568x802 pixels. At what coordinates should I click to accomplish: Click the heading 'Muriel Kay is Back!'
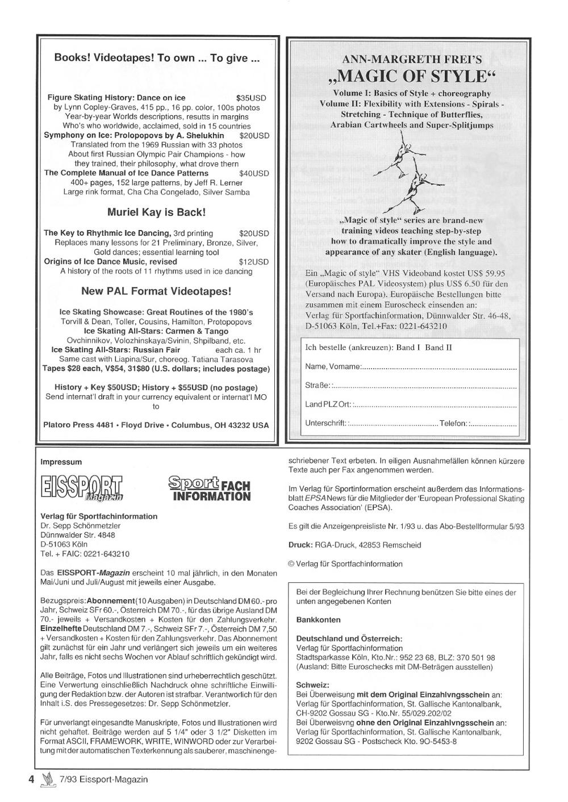(156, 212)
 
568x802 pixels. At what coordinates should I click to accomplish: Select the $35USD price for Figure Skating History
(251, 98)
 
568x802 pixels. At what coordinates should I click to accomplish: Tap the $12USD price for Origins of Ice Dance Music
(254, 262)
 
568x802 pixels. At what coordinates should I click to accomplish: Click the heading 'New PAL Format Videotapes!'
(156, 291)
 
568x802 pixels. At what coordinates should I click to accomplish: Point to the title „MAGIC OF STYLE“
(412, 76)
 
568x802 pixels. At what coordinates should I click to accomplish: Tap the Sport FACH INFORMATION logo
(209, 488)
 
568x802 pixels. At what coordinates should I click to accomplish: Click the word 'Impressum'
(61, 462)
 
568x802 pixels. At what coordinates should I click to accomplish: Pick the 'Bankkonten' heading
(319, 620)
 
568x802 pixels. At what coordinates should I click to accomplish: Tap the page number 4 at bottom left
(32, 779)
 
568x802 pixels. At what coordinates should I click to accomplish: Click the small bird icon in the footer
(47, 779)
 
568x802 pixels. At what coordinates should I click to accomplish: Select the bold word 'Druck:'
(300, 545)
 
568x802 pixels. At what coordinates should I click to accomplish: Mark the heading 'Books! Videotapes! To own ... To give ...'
(156, 58)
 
